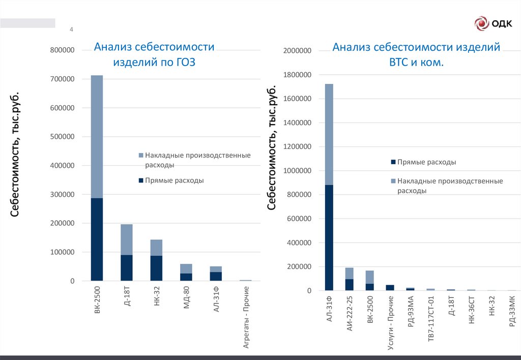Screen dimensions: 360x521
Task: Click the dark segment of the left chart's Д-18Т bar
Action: [127, 267]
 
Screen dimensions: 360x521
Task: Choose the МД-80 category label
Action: [187, 298]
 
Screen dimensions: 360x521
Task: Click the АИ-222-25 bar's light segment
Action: [350, 273]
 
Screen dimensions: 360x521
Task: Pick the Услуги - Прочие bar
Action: [390, 287]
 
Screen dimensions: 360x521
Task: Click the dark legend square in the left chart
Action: [140, 181]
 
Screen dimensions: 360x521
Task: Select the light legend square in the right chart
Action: [393, 181]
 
